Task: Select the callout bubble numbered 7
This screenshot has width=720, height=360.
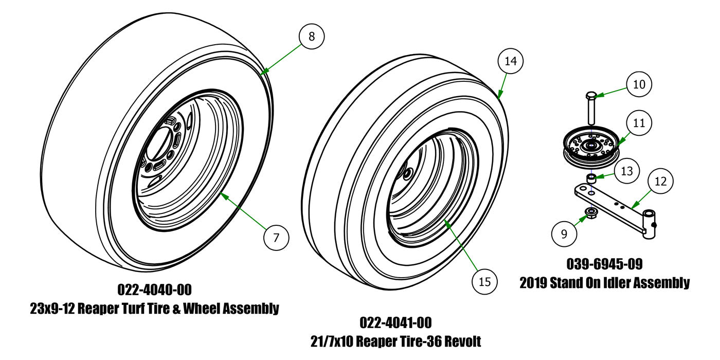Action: click(x=276, y=238)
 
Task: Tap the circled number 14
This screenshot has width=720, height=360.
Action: click(x=510, y=61)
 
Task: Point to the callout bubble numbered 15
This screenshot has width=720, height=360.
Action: click(x=485, y=281)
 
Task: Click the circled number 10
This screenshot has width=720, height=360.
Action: click(x=639, y=84)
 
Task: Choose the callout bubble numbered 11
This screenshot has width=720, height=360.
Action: click(x=639, y=123)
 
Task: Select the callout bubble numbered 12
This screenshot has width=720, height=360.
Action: click(x=661, y=181)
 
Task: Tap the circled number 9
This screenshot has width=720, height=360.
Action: click(x=564, y=234)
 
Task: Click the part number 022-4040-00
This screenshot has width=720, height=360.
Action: click(x=154, y=290)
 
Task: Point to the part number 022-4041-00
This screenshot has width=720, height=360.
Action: click(x=395, y=322)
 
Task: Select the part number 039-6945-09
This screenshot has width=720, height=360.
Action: click(x=604, y=264)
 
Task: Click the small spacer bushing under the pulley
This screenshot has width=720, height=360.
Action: click(x=592, y=178)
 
